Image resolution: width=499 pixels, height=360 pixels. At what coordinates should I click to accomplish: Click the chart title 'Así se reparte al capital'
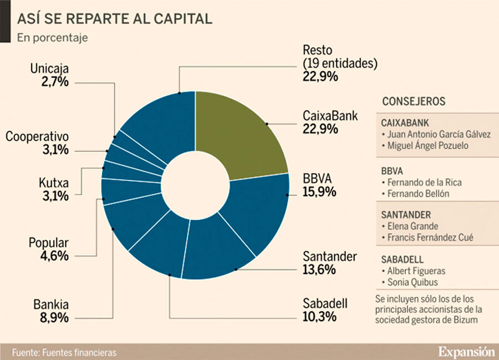click(x=115, y=19)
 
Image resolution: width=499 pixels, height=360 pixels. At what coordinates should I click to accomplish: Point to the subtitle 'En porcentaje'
click(x=52, y=38)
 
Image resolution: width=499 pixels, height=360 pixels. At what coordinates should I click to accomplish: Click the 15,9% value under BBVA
click(x=319, y=193)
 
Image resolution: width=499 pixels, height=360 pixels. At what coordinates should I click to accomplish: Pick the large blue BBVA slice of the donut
click(x=261, y=211)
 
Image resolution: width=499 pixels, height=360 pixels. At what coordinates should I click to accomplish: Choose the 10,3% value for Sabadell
click(x=319, y=317)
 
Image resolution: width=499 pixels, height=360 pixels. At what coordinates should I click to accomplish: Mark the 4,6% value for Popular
click(x=54, y=256)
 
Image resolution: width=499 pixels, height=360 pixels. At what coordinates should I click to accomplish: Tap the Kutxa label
click(x=53, y=182)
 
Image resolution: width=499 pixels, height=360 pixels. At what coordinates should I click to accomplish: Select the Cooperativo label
click(x=37, y=136)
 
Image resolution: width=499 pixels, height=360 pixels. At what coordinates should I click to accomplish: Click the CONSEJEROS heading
click(x=414, y=102)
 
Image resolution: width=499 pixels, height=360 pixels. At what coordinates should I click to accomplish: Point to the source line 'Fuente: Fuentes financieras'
click(x=64, y=352)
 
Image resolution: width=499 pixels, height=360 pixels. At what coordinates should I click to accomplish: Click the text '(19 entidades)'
click(x=340, y=63)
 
